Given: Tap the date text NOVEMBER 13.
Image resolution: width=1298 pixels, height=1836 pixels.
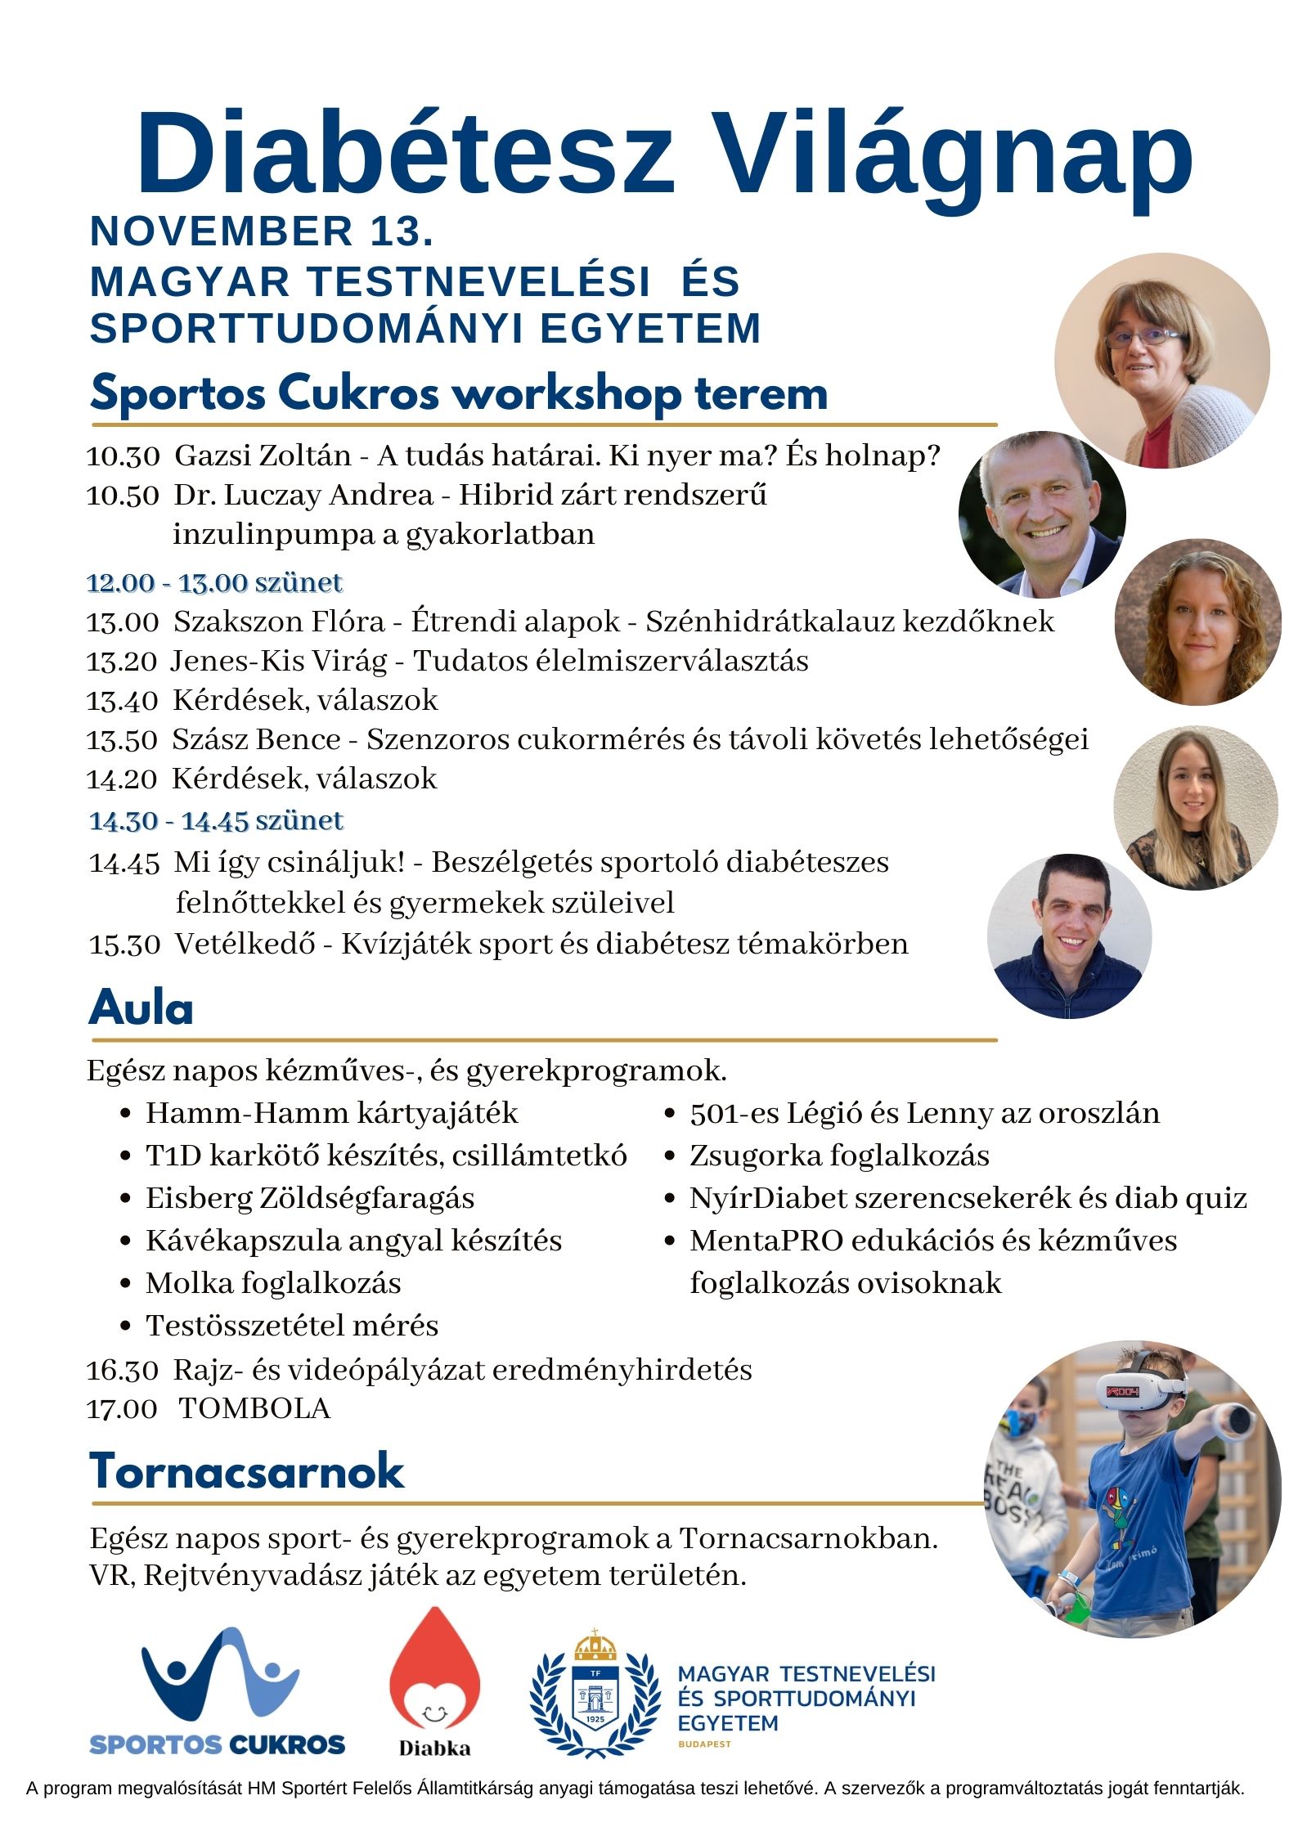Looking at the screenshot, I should (262, 231).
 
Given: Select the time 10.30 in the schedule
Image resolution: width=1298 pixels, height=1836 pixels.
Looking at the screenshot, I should (123, 456).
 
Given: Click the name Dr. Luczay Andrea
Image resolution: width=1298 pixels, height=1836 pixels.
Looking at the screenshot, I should (303, 495).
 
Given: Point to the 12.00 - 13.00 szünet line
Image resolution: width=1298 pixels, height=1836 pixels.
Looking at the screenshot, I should (215, 583).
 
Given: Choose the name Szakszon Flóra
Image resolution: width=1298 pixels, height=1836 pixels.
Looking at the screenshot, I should (279, 622).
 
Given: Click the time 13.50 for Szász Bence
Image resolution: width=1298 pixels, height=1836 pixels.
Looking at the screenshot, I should (122, 739).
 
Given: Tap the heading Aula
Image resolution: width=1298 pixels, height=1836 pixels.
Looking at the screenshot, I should (141, 1008).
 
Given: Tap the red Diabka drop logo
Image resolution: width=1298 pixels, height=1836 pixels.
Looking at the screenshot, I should (434, 1668).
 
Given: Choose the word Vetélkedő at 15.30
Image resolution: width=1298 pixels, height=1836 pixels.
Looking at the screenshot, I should (245, 944).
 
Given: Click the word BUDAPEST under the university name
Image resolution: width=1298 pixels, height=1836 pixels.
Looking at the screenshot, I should (704, 1744).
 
